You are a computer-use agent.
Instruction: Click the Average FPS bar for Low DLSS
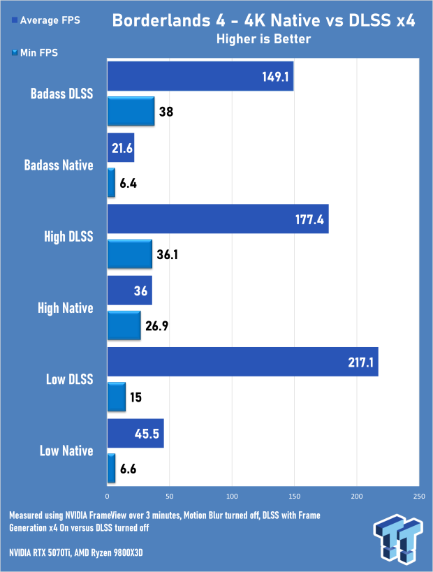pyautogui.click(x=242, y=362)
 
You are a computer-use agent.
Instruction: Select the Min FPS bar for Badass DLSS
pyautogui.click(x=131, y=111)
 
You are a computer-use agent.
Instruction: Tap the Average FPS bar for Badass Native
pyautogui.click(x=121, y=147)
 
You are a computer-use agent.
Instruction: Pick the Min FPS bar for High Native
pyautogui.click(x=124, y=325)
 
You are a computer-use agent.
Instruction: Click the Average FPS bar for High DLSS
pyautogui.click(x=218, y=219)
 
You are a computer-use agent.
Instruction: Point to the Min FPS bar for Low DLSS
pyautogui.click(x=117, y=397)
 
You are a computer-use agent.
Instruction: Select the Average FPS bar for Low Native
pyautogui.click(x=135, y=433)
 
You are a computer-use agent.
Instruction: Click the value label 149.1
pyautogui.click(x=275, y=77)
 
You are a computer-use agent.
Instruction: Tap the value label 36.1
pyautogui.click(x=168, y=254)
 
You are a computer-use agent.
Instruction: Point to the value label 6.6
pyautogui.click(x=128, y=469)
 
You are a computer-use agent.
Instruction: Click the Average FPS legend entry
pyautogui.click(x=46, y=20)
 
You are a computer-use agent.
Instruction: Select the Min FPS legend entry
pyautogui.click(x=35, y=53)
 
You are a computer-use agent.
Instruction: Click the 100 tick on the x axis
pyautogui.click(x=232, y=496)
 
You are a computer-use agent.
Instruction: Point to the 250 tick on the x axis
pyautogui.click(x=419, y=496)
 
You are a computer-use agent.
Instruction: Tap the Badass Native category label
pyautogui.click(x=59, y=166)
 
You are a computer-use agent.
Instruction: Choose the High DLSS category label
pyautogui.click(x=68, y=237)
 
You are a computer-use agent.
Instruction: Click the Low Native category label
pyautogui.click(x=66, y=451)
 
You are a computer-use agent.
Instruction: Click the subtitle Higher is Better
pyautogui.click(x=263, y=39)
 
